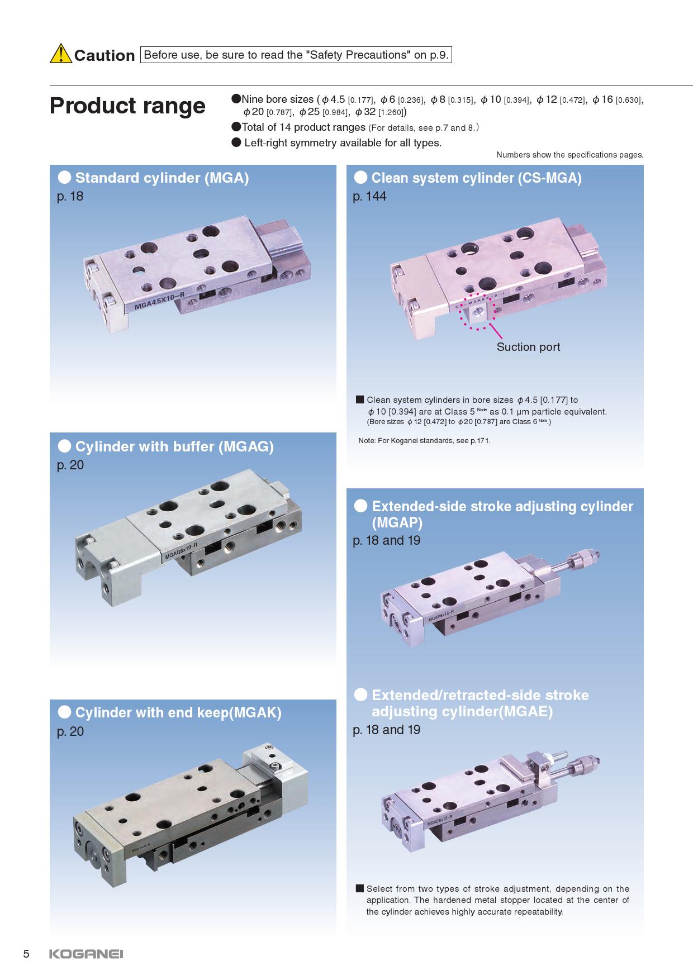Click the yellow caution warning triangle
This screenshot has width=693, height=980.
60,54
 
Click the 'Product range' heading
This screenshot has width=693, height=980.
127,106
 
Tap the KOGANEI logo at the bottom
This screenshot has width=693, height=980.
86,954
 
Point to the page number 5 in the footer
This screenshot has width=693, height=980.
26,954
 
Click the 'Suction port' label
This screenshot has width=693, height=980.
528,347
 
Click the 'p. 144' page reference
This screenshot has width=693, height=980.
369,197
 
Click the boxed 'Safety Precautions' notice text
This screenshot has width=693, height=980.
296,55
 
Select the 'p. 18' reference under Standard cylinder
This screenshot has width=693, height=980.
70,197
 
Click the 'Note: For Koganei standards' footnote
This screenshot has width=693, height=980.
424,441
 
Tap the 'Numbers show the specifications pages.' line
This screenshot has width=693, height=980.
569,155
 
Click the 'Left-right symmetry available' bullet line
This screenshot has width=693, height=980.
336,143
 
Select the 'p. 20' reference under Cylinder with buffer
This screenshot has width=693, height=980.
70,465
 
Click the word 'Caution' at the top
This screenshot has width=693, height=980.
105,55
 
